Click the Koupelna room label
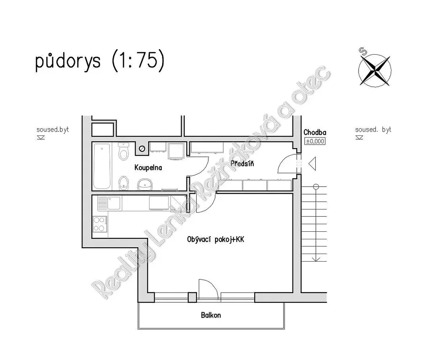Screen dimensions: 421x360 pyautogui.click(x=148, y=168)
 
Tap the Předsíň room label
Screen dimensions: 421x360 pyautogui.click(x=242, y=163)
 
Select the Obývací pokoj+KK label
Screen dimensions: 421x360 pyautogui.click(x=216, y=239)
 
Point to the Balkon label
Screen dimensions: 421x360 pyautogui.click(x=211, y=315)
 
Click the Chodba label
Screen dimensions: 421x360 pyautogui.click(x=315, y=132)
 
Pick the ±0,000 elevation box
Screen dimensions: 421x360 pyautogui.click(x=315, y=141)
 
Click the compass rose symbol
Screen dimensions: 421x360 pyautogui.click(x=375, y=70)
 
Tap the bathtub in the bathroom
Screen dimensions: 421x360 pyautogui.click(x=102, y=166)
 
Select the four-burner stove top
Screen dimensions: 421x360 pyautogui.click(x=100, y=224)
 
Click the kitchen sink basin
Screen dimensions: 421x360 pyautogui.click(x=115, y=203)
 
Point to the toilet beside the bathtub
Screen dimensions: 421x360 pyautogui.click(x=123, y=151)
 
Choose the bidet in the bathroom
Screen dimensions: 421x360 pyautogui.click(x=123, y=183)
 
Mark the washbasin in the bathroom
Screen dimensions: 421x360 pyautogui.click(x=145, y=185)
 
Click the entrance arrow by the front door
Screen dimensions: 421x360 pyautogui.click(x=312, y=164)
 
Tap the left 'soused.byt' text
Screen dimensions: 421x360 pyautogui.click(x=53, y=130)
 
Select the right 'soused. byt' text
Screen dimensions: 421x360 pyautogui.click(x=373, y=130)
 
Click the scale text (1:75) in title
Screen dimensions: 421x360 pyautogui.click(x=138, y=61)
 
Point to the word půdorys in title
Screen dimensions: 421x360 pyautogui.click(x=68, y=61)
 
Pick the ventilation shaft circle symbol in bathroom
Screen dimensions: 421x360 pyautogui.click(x=142, y=148)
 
